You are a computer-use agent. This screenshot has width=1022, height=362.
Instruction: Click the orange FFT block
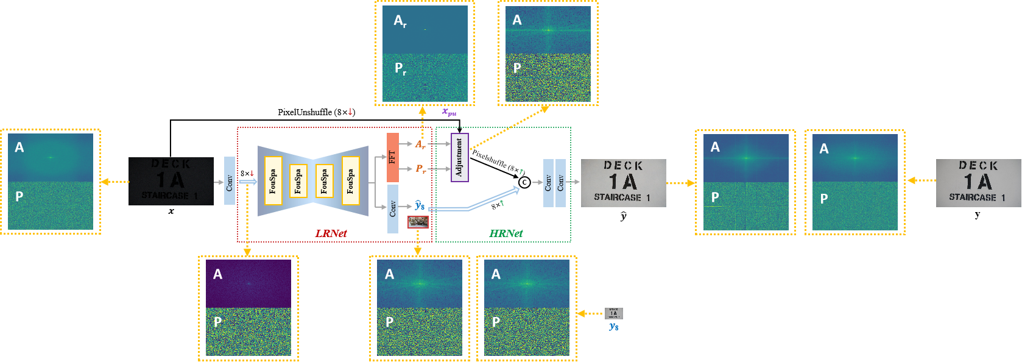[393, 157]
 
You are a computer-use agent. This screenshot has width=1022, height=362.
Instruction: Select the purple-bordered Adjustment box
[459, 157]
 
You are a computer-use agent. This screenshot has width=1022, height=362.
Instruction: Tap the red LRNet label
[331, 233]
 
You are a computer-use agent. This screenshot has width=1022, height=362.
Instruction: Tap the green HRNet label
[506, 233]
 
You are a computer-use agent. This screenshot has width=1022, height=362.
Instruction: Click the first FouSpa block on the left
[273, 181]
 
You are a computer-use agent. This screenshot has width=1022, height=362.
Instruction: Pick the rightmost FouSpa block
[351, 181]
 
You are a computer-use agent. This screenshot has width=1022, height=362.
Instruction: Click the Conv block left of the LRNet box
[230, 181]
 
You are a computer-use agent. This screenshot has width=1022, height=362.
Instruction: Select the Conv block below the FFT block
[393, 209]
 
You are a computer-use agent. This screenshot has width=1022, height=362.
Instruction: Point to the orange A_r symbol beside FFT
[420, 144]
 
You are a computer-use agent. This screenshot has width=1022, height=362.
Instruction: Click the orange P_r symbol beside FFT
[420, 169]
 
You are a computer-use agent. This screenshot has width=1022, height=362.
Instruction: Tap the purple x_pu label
[449, 112]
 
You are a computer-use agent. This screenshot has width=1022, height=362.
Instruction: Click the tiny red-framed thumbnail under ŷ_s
[418, 222]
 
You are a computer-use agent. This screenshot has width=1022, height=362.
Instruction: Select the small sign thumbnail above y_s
[613, 313]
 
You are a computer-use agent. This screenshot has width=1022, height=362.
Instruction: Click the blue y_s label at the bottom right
[613, 327]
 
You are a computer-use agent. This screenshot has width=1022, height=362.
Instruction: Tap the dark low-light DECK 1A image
[171, 181]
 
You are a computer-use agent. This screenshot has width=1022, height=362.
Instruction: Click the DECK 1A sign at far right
[978, 183]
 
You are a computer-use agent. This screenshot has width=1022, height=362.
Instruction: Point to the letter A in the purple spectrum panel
[217, 274]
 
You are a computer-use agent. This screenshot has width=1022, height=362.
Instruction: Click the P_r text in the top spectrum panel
[400, 68]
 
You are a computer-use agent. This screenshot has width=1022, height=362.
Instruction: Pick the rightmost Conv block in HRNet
[560, 183]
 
